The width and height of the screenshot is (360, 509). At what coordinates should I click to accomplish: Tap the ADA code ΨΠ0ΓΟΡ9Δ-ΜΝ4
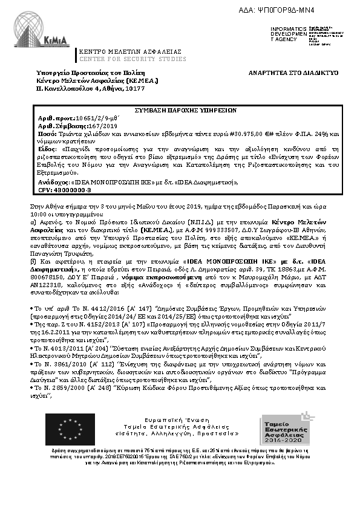(x=314, y=10)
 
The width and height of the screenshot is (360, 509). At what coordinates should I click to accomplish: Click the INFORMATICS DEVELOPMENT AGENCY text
(x=284, y=34)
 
